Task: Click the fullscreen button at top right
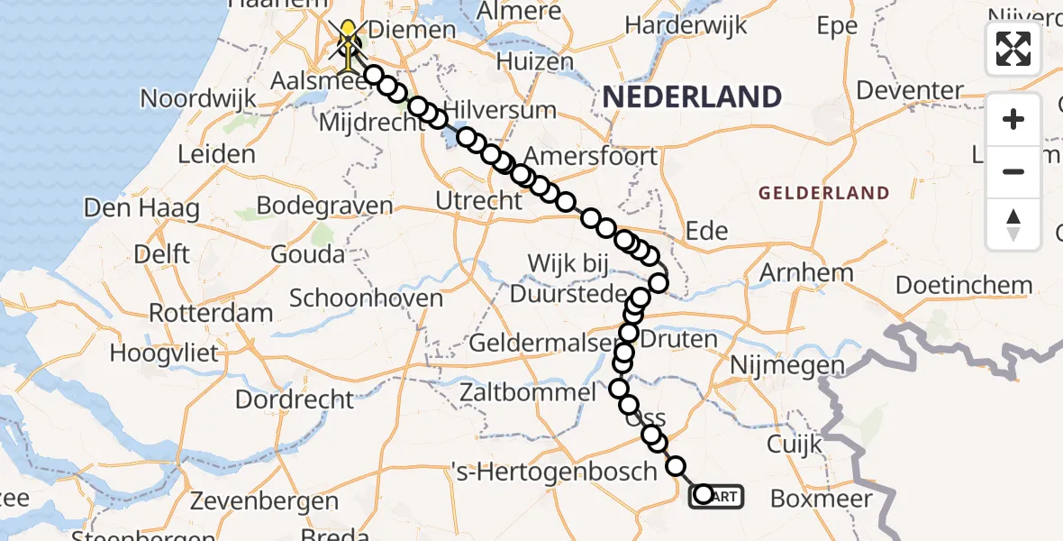1013,49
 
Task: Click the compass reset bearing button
1013,225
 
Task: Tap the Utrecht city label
478,200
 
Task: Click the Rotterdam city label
211,314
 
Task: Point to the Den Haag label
141,208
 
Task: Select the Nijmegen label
788,365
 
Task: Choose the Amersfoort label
590,156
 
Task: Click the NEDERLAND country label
692,96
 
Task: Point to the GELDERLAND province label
823,193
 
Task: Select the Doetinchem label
963,286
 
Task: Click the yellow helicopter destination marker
348,41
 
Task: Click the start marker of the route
704,494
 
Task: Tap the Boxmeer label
822,499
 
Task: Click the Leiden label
216,154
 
